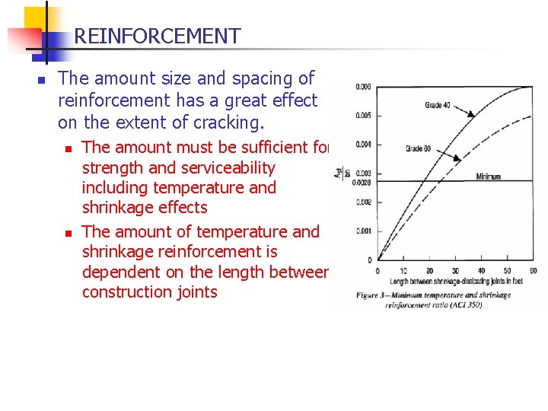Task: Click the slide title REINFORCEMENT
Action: [x=157, y=36]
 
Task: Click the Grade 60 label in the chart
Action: [x=419, y=148]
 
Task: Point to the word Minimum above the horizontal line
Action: [x=488, y=177]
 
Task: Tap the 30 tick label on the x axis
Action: [x=455, y=271]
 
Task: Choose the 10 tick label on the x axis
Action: [x=403, y=271]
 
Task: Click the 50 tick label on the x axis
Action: [x=507, y=271]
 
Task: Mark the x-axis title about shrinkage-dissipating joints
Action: [x=454, y=282]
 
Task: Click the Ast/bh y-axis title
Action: [x=337, y=174]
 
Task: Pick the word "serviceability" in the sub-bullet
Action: [x=227, y=167]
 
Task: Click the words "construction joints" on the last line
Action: [x=149, y=292]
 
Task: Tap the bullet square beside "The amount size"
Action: [x=43, y=79]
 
